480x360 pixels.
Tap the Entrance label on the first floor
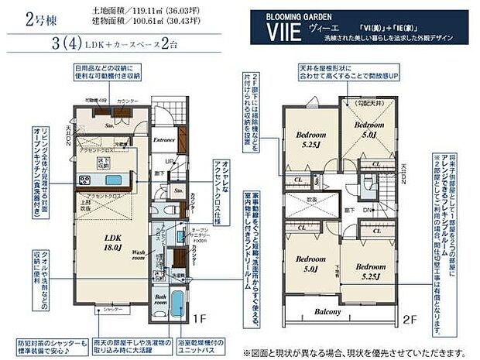(x=163, y=140)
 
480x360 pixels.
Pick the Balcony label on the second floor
(x=328, y=312)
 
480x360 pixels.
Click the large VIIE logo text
(x=281, y=34)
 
